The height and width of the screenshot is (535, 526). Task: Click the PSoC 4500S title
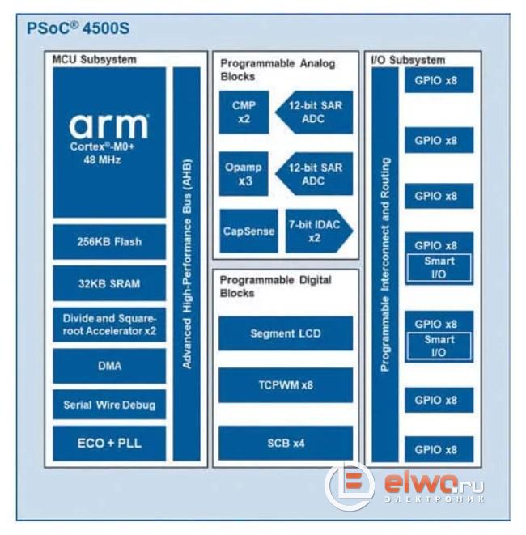78,28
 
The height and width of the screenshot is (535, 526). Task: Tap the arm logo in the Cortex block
108,126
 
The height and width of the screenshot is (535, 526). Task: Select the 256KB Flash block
109,242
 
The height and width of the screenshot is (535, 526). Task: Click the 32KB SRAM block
109,283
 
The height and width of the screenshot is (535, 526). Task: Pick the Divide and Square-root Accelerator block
109,325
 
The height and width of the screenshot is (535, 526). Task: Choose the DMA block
109,366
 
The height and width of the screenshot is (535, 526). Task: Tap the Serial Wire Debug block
109,405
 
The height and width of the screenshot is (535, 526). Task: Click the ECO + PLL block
109,444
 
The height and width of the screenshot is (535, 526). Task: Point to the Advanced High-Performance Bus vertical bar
187,264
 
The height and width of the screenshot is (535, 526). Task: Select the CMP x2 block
244,113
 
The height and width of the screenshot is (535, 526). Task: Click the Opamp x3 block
244,174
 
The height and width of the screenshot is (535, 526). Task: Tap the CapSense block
248,231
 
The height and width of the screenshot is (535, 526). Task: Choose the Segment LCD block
286,333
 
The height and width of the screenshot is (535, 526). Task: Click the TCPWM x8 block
286,385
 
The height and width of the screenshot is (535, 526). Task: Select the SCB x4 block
286,444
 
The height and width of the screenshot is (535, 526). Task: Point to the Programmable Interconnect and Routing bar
385,265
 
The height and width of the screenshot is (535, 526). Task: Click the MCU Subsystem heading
94,60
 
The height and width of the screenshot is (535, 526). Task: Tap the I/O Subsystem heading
408,61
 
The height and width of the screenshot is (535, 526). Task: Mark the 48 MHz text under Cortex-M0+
102,160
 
